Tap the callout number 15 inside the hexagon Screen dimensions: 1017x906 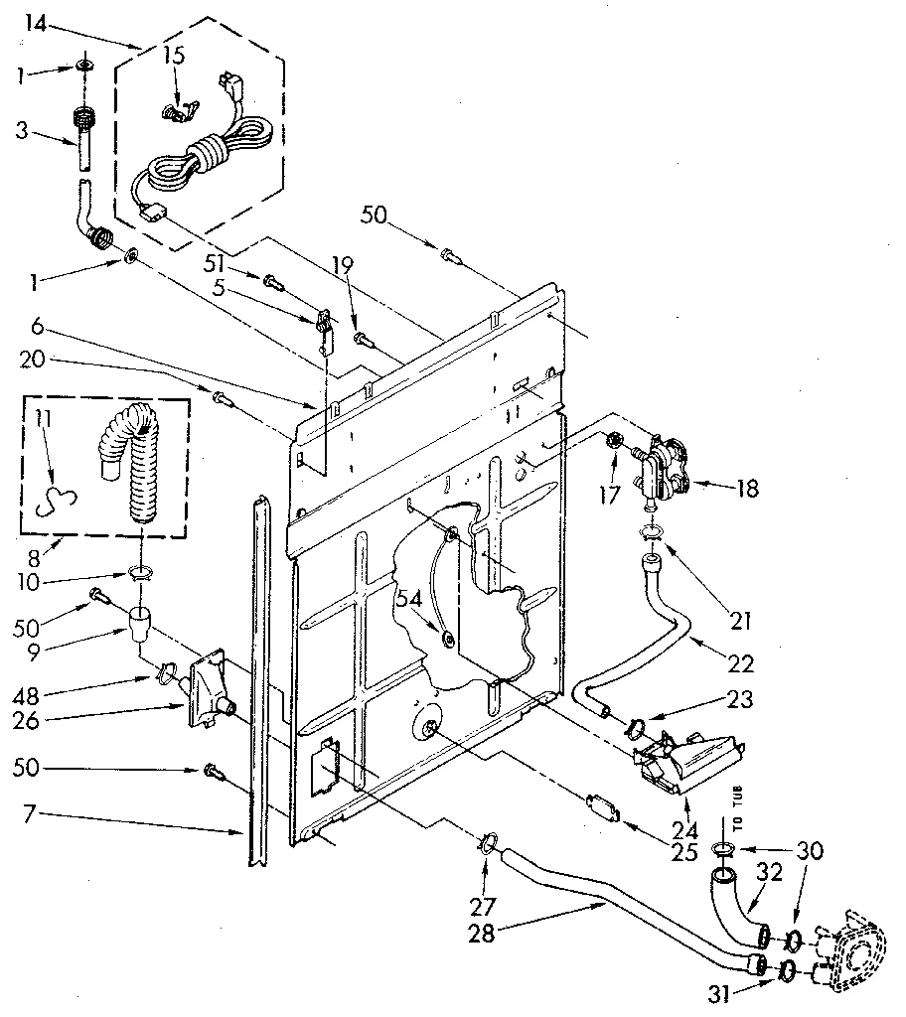[x=173, y=56]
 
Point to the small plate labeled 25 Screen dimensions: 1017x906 [x=602, y=806]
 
